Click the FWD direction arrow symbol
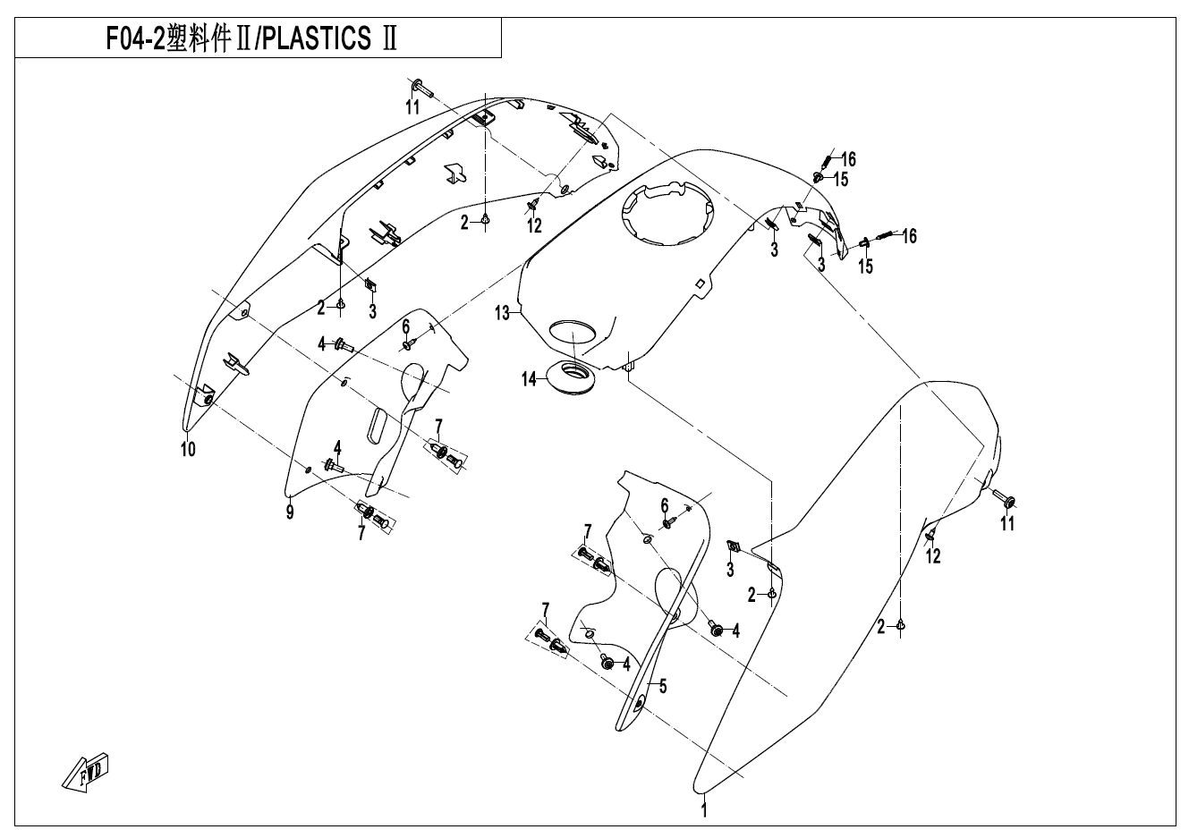pos(86,771)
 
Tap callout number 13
pos(502,313)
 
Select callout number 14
pos(530,379)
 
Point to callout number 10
pos(188,449)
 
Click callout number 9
pos(290,512)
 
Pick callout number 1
pos(704,811)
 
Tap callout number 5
pos(663,687)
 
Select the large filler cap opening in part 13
pos(667,213)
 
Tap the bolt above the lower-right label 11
pos(1002,496)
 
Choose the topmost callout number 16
pos(848,159)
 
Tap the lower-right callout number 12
pos(933,556)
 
